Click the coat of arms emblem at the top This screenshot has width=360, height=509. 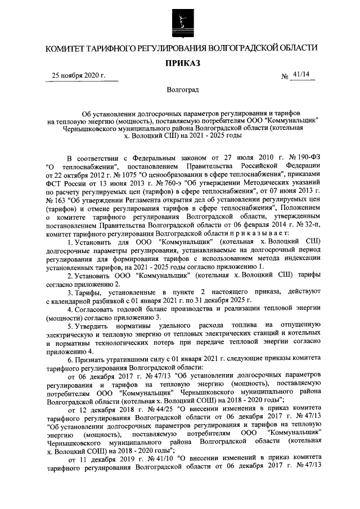181,22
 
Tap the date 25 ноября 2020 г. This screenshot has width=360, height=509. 78,75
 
